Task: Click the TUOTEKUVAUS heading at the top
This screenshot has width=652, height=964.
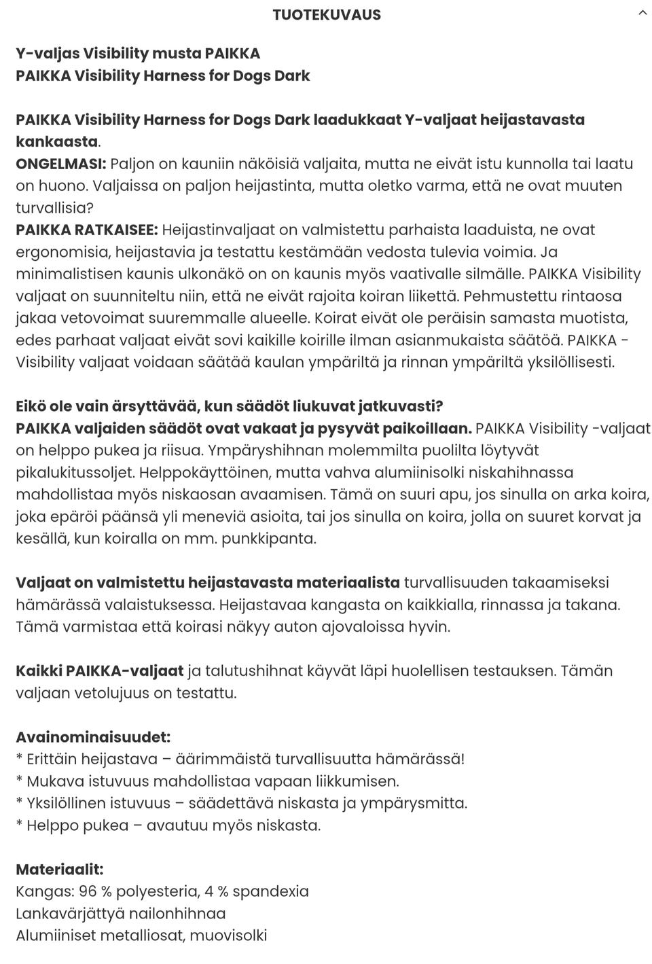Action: click(327, 15)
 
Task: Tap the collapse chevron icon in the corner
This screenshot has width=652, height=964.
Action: click(642, 13)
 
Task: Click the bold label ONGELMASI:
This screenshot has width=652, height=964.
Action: click(61, 164)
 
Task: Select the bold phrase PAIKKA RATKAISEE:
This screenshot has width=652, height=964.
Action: click(87, 230)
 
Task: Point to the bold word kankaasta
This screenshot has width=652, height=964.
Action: click(57, 141)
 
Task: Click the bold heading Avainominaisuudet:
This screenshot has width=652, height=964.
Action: click(93, 737)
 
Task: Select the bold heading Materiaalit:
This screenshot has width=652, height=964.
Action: click(60, 870)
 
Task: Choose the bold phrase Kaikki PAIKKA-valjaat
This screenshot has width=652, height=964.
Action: click(100, 671)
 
